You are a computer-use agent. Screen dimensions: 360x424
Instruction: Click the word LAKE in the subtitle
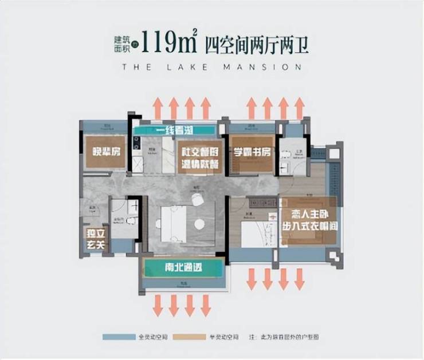[x=193, y=67]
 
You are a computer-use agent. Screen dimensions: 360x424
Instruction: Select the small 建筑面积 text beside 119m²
[x=123, y=43]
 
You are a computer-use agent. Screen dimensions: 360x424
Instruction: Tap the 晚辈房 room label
[x=105, y=152]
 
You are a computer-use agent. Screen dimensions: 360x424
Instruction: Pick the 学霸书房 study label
[x=252, y=153]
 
